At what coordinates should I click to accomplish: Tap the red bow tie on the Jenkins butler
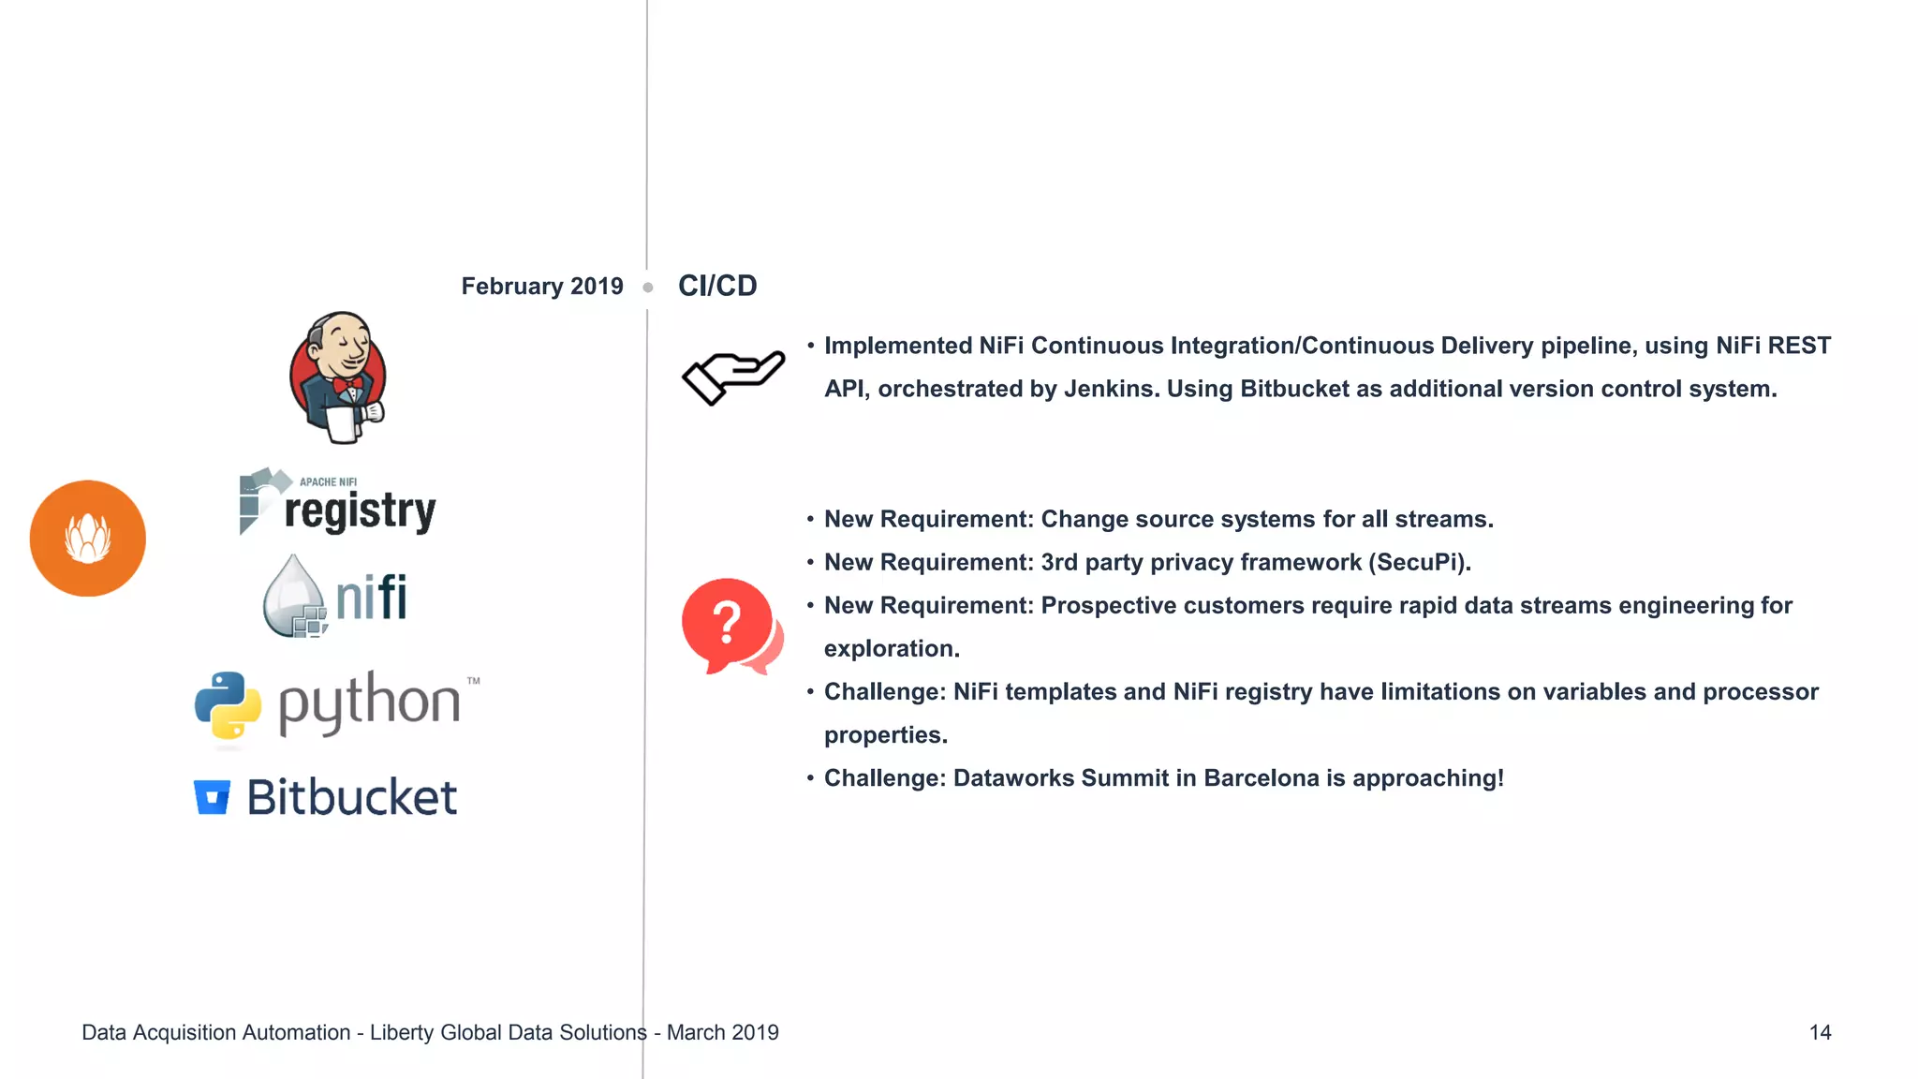point(347,384)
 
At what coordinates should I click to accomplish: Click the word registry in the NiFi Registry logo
point(360,511)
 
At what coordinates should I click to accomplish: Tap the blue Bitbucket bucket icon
point(212,797)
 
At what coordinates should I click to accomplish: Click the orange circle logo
point(88,539)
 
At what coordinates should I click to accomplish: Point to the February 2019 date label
point(541,287)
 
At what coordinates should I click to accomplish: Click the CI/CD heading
point(717,286)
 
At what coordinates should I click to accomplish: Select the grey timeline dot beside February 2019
point(647,288)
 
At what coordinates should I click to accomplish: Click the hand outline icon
point(732,377)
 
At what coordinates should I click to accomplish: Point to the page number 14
point(1820,1032)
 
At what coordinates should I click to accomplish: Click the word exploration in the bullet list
point(890,649)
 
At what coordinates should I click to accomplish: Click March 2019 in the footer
point(722,1032)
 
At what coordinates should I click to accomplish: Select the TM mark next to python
point(474,681)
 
